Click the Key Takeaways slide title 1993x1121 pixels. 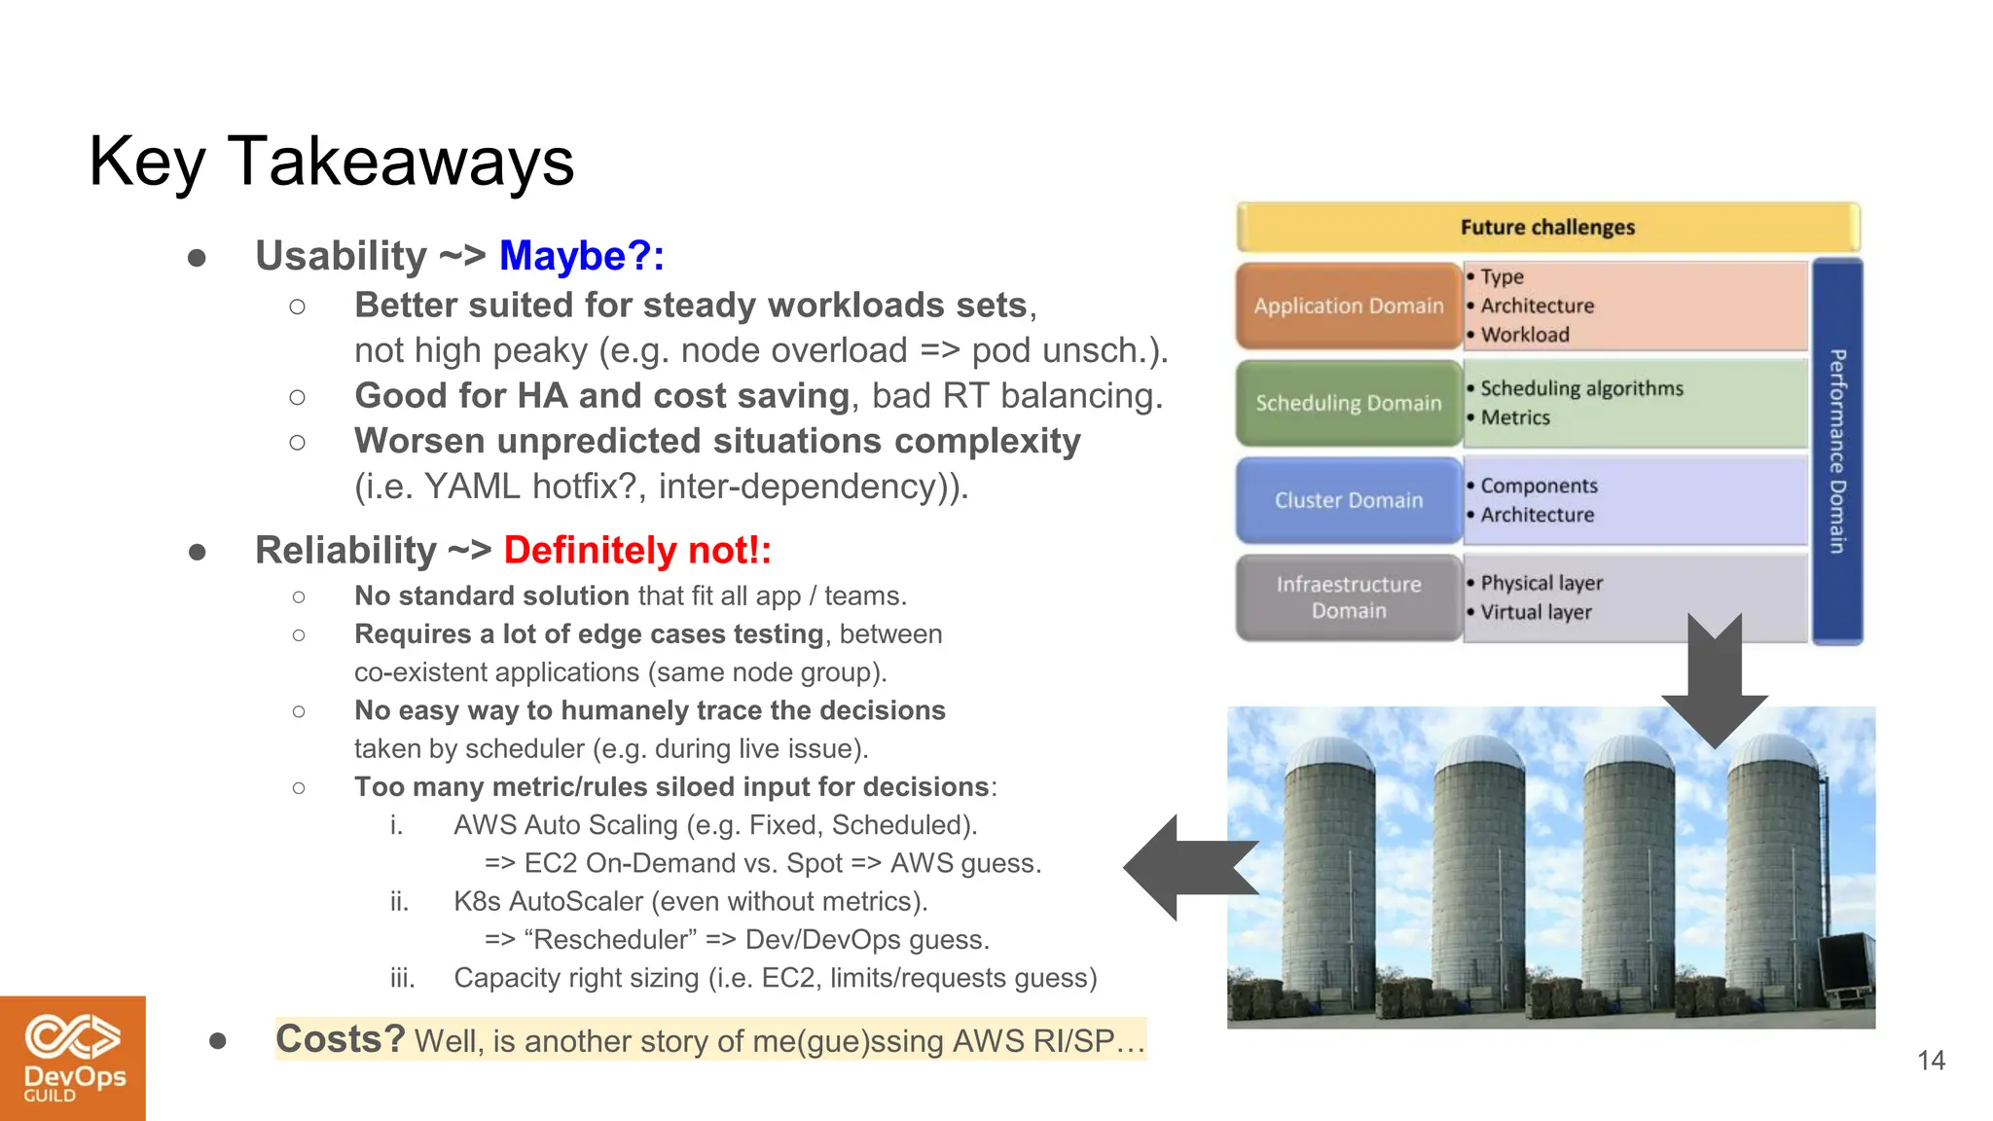[x=331, y=162]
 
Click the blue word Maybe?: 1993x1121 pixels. [x=581, y=256]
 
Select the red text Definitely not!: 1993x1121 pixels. [x=636, y=551]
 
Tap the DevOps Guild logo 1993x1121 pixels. [x=73, y=1058]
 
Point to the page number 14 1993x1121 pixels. [x=1931, y=1060]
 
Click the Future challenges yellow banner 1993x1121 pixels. [x=1547, y=228]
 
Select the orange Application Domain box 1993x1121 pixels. [x=1348, y=306]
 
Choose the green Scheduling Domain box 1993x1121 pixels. [x=1348, y=403]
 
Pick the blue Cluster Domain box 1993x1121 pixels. [x=1348, y=500]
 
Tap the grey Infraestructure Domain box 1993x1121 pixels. [x=1348, y=597]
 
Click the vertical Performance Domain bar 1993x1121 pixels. [x=1837, y=451]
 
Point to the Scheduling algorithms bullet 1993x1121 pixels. [x=1581, y=388]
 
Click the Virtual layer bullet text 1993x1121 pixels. [x=1536, y=612]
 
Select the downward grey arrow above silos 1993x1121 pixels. [x=1714, y=681]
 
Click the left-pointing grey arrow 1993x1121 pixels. [x=1187, y=868]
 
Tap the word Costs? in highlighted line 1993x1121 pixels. [x=340, y=1039]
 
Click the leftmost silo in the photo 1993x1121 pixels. [x=1328, y=876]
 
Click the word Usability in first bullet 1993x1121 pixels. [x=341, y=256]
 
